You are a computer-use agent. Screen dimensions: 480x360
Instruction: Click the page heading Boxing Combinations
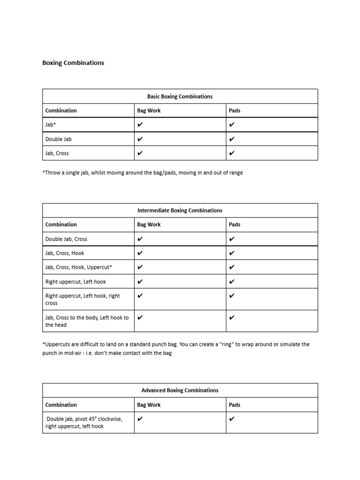73,62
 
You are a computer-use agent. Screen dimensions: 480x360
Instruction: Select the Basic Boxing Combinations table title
180,96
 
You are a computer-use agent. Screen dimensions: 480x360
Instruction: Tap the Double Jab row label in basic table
59,139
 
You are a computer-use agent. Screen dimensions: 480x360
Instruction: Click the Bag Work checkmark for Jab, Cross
140,153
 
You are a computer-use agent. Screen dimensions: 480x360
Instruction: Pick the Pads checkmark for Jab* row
232,125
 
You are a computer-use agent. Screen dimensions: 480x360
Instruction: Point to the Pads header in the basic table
234,111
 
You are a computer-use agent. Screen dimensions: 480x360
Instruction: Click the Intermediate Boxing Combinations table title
180,210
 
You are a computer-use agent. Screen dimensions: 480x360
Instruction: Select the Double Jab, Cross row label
66,239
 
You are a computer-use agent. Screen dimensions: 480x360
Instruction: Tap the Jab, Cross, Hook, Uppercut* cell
78,267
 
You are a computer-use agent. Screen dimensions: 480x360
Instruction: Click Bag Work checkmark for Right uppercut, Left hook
140,282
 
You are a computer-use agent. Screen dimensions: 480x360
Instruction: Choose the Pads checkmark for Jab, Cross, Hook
232,253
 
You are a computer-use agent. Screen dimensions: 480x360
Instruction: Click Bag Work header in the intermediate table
149,225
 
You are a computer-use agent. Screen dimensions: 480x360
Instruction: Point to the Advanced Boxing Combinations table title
180,390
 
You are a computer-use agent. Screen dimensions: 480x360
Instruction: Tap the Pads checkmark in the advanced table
232,419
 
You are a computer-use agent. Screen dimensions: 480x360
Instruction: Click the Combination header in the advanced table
61,405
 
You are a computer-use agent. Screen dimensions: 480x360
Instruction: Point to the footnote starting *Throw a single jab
142,172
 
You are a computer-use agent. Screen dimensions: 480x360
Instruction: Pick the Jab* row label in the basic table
51,125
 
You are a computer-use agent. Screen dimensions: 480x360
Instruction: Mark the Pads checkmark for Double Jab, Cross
232,239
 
